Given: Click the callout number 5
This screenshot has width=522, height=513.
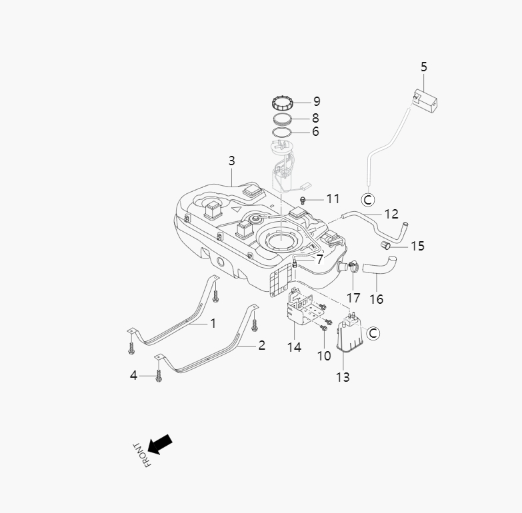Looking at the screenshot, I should [424, 67].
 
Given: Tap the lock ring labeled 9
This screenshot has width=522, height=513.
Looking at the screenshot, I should [284, 104].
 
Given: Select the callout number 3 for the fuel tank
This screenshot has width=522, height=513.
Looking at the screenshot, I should [231, 161].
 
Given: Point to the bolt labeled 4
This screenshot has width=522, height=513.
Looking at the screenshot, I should [159, 376].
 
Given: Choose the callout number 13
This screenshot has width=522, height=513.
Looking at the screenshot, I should [342, 377].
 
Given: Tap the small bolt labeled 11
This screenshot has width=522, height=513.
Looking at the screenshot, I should [304, 199].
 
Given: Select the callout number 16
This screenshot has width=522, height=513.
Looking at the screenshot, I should [376, 299].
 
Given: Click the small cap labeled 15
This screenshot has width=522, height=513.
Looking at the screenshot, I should [385, 245].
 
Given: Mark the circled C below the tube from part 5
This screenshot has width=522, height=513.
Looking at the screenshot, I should [367, 199].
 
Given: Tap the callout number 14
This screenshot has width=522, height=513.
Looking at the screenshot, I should [294, 347].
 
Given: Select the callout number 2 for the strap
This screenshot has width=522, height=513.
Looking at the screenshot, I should [261, 345].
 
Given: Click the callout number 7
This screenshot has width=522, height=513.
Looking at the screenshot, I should [319, 258].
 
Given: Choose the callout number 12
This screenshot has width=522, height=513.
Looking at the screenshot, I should [391, 214].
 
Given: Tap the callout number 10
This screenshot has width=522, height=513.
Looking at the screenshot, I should [324, 356].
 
